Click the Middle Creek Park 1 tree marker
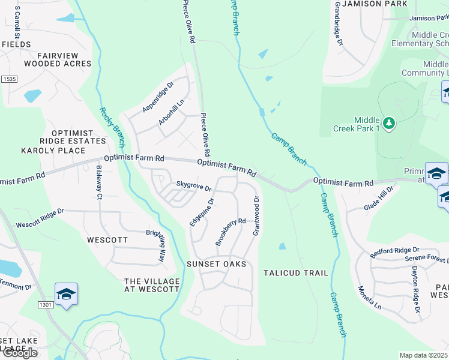click(390, 124)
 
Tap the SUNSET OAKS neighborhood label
click(217, 264)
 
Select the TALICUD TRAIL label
click(296, 273)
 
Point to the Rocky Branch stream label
click(112, 127)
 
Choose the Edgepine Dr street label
click(202, 213)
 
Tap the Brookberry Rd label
click(231, 232)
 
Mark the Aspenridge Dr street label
click(157, 97)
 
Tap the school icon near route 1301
click(66, 294)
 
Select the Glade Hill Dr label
click(378, 199)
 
